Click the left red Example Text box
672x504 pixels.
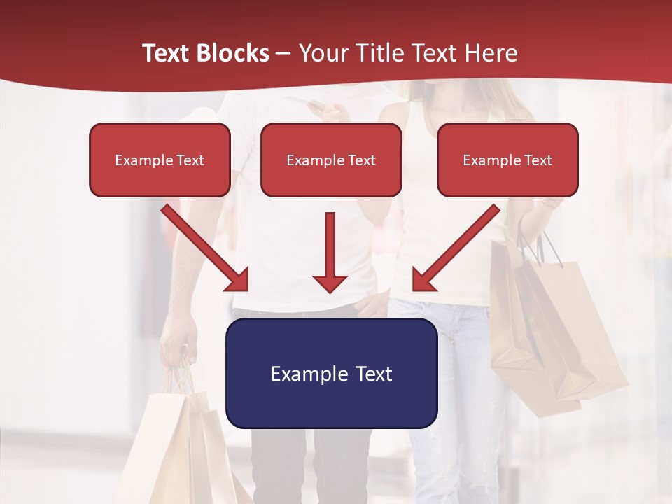click(160, 160)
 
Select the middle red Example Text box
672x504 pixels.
click(331, 160)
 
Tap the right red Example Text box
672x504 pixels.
click(507, 160)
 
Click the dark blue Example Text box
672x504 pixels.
click(331, 373)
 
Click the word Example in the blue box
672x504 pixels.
click(309, 374)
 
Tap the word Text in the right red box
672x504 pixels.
click(538, 160)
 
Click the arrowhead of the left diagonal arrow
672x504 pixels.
click(239, 280)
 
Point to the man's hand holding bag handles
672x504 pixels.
click(178, 339)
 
